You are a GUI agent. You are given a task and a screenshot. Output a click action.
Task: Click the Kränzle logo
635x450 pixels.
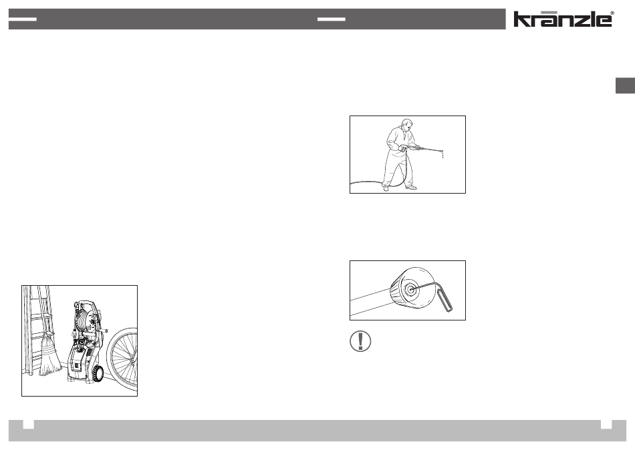[563, 19]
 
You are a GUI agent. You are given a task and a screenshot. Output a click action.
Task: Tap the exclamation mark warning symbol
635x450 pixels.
[360, 341]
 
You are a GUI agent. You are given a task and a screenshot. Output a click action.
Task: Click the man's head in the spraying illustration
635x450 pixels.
[406, 125]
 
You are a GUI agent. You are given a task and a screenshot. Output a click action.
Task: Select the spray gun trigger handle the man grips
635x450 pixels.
[404, 148]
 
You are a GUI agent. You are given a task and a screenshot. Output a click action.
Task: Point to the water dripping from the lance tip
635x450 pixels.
[442, 154]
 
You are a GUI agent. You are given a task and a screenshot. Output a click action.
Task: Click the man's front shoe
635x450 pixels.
[410, 188]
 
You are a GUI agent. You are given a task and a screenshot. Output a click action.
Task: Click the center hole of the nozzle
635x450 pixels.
[410, 289]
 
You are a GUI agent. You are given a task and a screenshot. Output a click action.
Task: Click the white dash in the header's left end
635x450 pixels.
[22, 19]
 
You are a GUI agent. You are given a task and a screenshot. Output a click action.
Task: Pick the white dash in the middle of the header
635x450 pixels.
[332, 19]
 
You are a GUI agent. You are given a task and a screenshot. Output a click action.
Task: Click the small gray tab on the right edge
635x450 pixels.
[625, 85]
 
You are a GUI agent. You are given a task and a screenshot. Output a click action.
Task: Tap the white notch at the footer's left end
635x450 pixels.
[28, 424]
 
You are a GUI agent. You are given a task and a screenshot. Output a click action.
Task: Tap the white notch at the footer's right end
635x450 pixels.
[606, 424]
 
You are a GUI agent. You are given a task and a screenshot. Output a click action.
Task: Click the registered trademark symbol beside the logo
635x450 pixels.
[612, 13]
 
